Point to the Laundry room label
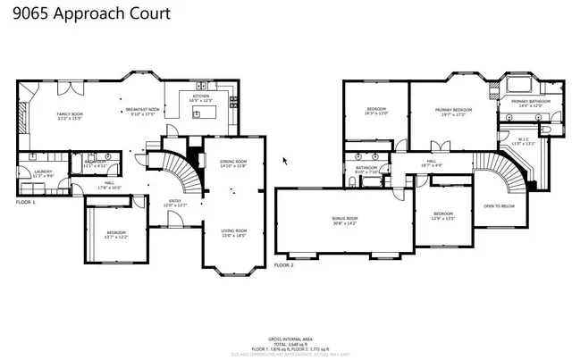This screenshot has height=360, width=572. click(x=42, y=173)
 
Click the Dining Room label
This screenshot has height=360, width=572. click(x=233, y=163)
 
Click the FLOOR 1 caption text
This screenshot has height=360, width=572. click(x=25, y=203)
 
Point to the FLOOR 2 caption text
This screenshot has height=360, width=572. click(x=283, y=265)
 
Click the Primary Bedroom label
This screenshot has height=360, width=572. click(x=452, y=112)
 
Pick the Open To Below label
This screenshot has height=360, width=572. click(x=498, y=206)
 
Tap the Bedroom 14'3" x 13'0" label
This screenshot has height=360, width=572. click(x=375, y=112)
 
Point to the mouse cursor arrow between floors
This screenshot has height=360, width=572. click(x=285, y=161)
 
